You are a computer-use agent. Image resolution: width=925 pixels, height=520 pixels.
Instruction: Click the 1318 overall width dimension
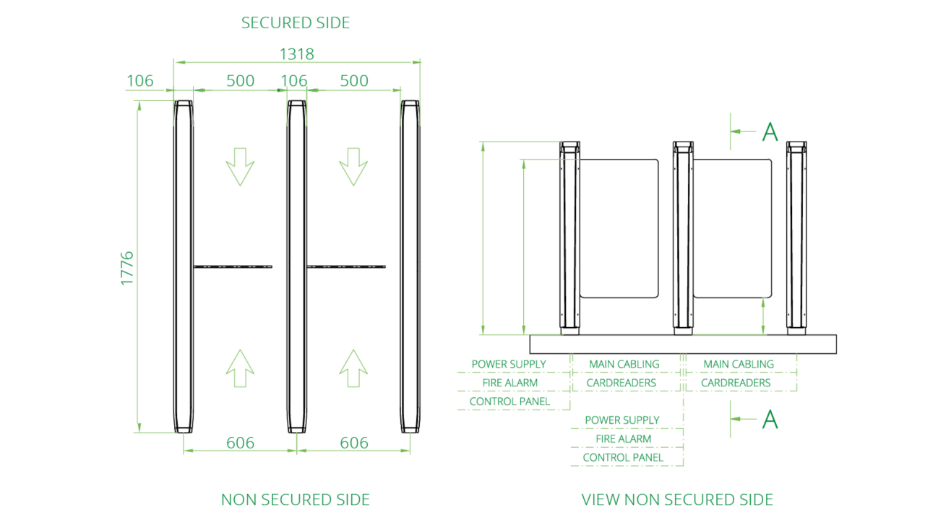(x=296, y=54)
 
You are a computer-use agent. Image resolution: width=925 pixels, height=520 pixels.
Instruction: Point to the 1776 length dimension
(x=127, y=268)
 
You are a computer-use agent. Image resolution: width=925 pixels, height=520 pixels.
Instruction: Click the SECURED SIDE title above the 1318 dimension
(x=296, y=23)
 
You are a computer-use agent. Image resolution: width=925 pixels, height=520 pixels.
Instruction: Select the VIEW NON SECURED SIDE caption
(x=677, y=500)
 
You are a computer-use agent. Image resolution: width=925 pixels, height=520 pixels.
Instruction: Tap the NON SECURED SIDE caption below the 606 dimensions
(x=296, y=500)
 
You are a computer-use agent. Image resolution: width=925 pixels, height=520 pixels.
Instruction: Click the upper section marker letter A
(x=770, y=131)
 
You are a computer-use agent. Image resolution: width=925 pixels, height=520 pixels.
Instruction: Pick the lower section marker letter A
(x=770, y=419)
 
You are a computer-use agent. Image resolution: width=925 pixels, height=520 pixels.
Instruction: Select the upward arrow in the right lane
(x=353, y=370)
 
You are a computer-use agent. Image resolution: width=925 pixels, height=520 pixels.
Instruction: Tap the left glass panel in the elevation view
(x=619, y=227)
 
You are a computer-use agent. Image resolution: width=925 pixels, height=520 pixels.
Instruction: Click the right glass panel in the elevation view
(x=732, y=227)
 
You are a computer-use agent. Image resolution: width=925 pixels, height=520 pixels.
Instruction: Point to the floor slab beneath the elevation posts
(x=683, y=344)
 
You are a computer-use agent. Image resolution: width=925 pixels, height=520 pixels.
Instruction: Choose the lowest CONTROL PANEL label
(x=623, y=457)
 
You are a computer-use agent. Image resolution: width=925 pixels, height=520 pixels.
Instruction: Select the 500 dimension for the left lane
(x=241, y=81)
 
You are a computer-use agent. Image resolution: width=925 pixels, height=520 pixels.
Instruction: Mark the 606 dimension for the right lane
(x=354, y=443)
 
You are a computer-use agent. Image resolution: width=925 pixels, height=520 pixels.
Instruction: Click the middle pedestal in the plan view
(x=296, y=267)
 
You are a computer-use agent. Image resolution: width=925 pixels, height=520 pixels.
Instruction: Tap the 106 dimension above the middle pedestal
(x=293, y=81)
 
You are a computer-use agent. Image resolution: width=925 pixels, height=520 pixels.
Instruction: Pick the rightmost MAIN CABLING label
(x=739, y=364)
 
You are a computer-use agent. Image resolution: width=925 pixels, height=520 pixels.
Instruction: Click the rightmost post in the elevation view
(x=796, y=238)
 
